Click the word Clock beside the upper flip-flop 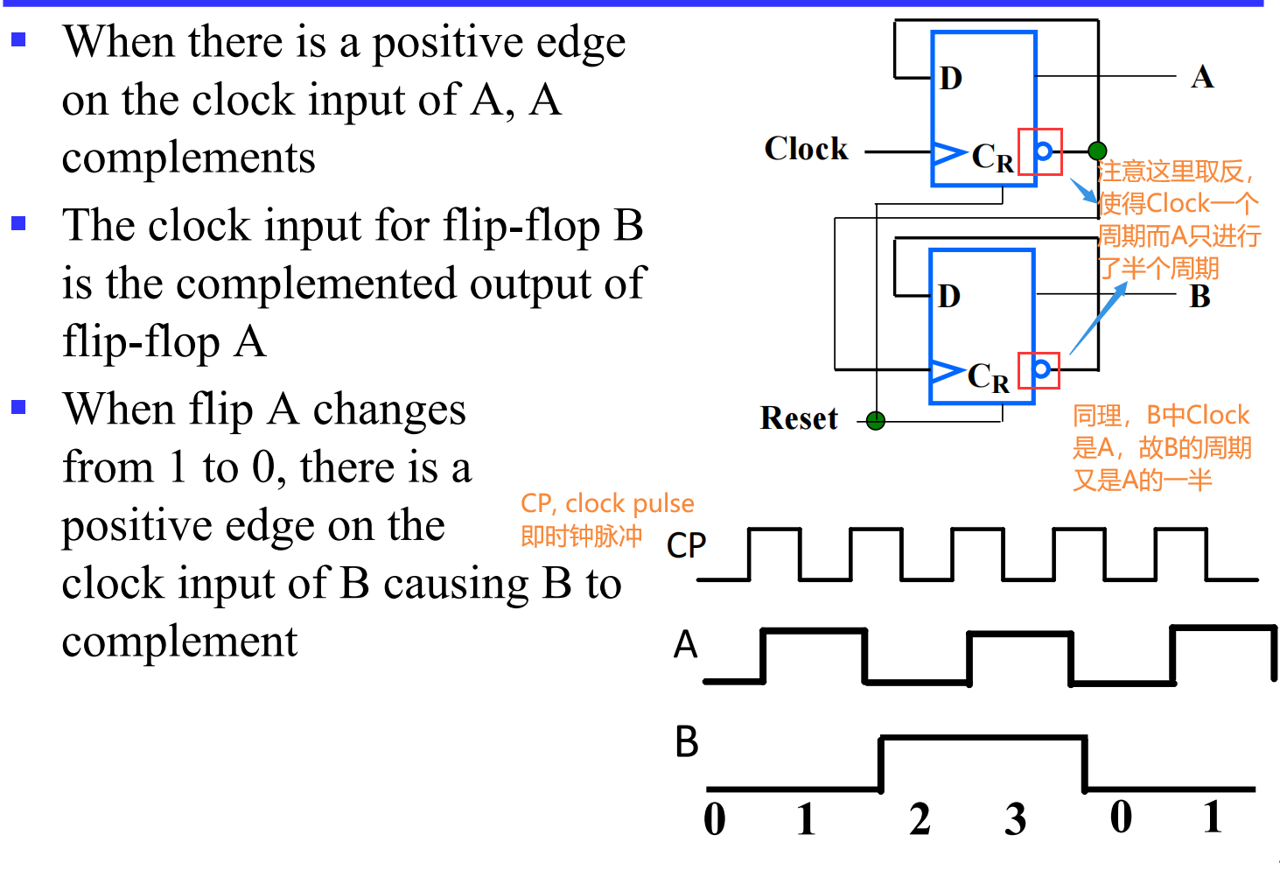806,149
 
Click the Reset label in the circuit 799,418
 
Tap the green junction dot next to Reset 876,421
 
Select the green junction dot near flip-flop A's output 1097,151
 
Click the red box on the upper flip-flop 1040,151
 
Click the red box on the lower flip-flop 1039,370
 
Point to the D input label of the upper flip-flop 951,79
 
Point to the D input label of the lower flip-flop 949,297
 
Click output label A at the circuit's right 1202,77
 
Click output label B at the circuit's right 1200,297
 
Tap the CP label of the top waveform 686,545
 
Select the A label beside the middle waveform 686,645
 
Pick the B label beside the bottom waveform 687,742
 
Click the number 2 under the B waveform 920,819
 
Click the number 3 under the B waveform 1015,819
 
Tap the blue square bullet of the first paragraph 18,39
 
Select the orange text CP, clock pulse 607,503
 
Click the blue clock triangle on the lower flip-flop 947,371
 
